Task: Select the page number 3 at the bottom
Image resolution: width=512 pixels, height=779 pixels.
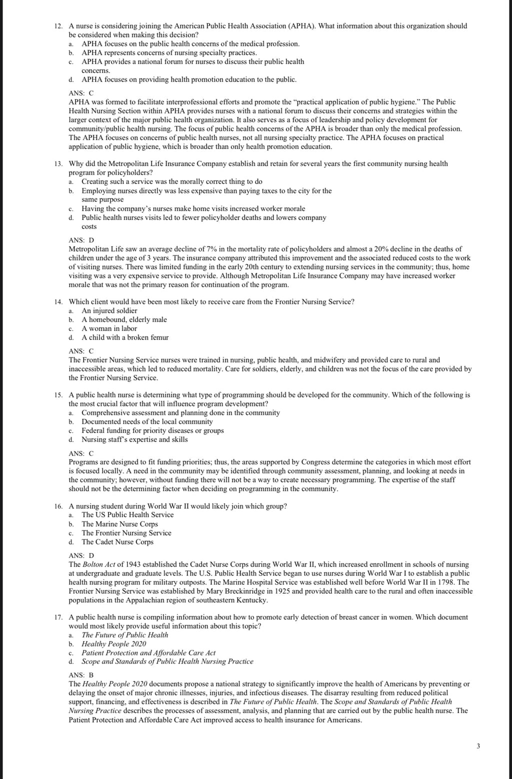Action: (x=478, y=746)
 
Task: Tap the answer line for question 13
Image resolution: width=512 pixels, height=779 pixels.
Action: (x=81, y=240)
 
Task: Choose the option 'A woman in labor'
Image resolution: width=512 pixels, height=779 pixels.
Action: (x=109, y=328)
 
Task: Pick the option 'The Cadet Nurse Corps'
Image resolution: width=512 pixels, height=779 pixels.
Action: (x=117, y=542)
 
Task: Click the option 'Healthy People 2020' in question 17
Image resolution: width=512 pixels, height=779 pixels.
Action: (x=113, y=644)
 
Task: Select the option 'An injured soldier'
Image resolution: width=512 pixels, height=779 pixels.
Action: (x=109, y=310)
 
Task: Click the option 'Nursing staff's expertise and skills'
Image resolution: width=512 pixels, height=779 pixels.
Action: (x=134, y=439)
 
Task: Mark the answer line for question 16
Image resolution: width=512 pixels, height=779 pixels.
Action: (x=81, y=555)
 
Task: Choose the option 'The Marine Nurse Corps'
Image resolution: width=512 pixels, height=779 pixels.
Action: (x=119, y=524)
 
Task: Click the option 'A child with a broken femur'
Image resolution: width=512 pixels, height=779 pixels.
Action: (x=125, y=337)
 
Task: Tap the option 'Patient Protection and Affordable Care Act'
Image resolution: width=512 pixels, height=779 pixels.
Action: (x=148, y=653)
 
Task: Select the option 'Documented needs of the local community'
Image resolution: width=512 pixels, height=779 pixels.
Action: (x=147, y=421)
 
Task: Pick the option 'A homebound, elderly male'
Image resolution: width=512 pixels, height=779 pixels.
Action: (x=124, y=319)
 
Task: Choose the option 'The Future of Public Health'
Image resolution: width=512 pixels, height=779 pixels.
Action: (x=124, y=635)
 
